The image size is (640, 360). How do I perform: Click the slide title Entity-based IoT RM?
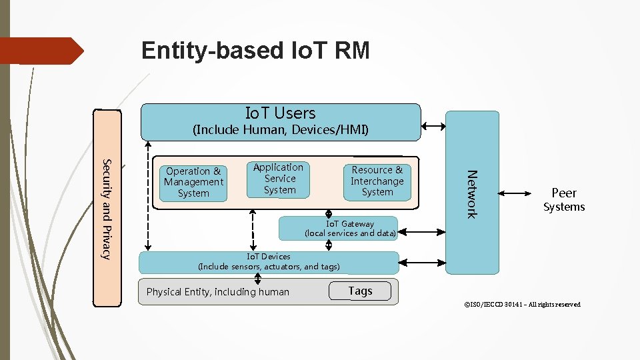pos(255,51)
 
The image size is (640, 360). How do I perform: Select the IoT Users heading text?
pos(280,113)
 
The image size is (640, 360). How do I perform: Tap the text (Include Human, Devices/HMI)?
pos(280,129)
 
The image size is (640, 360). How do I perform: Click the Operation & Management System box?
pos(193,182)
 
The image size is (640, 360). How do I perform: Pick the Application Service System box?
pos(279,179)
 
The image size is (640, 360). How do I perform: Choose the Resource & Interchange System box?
pos(377,181)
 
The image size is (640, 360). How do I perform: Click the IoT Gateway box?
pos(349,229)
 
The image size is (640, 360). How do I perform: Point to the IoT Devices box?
pos(269,262)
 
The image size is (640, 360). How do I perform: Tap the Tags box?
pos(360,291)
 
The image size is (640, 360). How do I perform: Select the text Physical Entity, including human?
pos(218,292)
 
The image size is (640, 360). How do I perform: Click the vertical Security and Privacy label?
pos(107,209)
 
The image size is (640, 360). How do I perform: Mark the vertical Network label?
pos(471,194)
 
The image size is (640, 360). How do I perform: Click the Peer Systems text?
pos(563,199)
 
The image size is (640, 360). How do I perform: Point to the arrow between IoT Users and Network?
pos(433,126)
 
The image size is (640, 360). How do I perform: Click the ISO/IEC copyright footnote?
pos(522,305)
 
